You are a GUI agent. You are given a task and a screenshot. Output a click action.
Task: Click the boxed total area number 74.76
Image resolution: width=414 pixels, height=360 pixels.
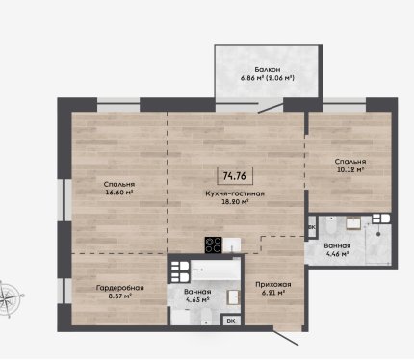pyautogui.click(x=235, y=176)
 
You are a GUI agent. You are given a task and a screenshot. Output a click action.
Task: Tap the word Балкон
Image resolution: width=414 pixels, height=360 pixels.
pyautogui.click(x=268, y=69)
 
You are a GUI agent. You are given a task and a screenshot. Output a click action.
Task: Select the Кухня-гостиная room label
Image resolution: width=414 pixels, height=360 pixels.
pyautogui.click(x=235, y=193)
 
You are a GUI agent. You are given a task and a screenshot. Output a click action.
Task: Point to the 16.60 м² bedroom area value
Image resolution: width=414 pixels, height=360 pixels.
pyautogui.click(x=119, y=193)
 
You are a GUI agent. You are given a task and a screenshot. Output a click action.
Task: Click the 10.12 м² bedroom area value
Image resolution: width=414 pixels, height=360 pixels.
pyautogui.click(x=350, y=169)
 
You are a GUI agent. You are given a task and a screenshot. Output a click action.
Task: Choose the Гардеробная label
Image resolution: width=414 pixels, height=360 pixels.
pyautogui.click(x=119, y=288)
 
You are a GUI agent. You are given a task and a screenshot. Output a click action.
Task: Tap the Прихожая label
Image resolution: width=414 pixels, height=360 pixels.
pyautogui.click(x=273, y=284)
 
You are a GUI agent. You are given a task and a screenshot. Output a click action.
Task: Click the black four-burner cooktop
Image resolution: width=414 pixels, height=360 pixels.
pyautogui.click(x=214, y=245)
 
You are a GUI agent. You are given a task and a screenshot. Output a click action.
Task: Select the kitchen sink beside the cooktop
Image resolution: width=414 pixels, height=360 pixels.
pyautogui.click(x=232, y=245)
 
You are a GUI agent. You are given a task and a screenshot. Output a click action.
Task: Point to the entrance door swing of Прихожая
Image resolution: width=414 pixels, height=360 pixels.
pyautogui.click(x=286, y=337)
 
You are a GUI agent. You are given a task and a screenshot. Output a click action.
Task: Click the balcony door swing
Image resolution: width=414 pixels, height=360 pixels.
pyautogui.click(x=272, y=108)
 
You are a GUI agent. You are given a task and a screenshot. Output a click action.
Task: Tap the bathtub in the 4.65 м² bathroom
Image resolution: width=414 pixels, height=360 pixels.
pyautogui.click(x=216, y=270)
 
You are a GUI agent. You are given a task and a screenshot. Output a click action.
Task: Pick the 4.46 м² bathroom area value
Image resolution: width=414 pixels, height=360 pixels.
pyautogui.click(x=337, y=254)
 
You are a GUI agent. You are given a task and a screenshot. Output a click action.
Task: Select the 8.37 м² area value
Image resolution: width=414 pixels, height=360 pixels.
pyautogui.click(x=120, y=296)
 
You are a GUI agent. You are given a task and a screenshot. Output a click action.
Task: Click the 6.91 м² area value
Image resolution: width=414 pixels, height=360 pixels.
pyautogui.click(x=273, y=293)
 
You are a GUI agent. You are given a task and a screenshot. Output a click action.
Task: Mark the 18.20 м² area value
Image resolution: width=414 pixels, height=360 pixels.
pyautogui.click(x=236, y=202)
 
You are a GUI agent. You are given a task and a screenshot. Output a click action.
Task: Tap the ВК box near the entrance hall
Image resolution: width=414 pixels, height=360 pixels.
pyautogui.click(x=231, y=321)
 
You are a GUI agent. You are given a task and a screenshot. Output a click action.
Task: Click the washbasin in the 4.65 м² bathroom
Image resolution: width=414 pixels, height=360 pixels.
pyautogui.click(x=233, y=297)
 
